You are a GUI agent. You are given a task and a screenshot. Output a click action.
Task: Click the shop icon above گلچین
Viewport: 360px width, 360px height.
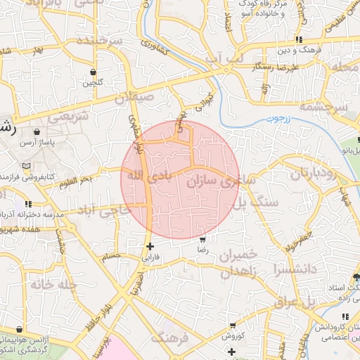(x=94, y=72)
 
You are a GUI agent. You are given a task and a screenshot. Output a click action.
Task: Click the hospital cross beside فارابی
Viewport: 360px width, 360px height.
(x=150, y=246)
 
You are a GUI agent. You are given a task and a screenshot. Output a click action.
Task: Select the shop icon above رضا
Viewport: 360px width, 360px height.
(x=202, y=240)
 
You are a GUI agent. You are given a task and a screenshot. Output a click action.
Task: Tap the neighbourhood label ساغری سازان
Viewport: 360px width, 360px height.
(x=219, y=182)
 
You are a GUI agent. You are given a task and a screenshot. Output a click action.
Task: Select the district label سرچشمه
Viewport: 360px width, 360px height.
(x=323, y=107)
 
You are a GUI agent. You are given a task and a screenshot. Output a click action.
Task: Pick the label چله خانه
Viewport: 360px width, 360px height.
(x=49, y=285)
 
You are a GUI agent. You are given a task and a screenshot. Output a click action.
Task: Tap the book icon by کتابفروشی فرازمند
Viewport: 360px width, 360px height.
(x=27, y=166)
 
